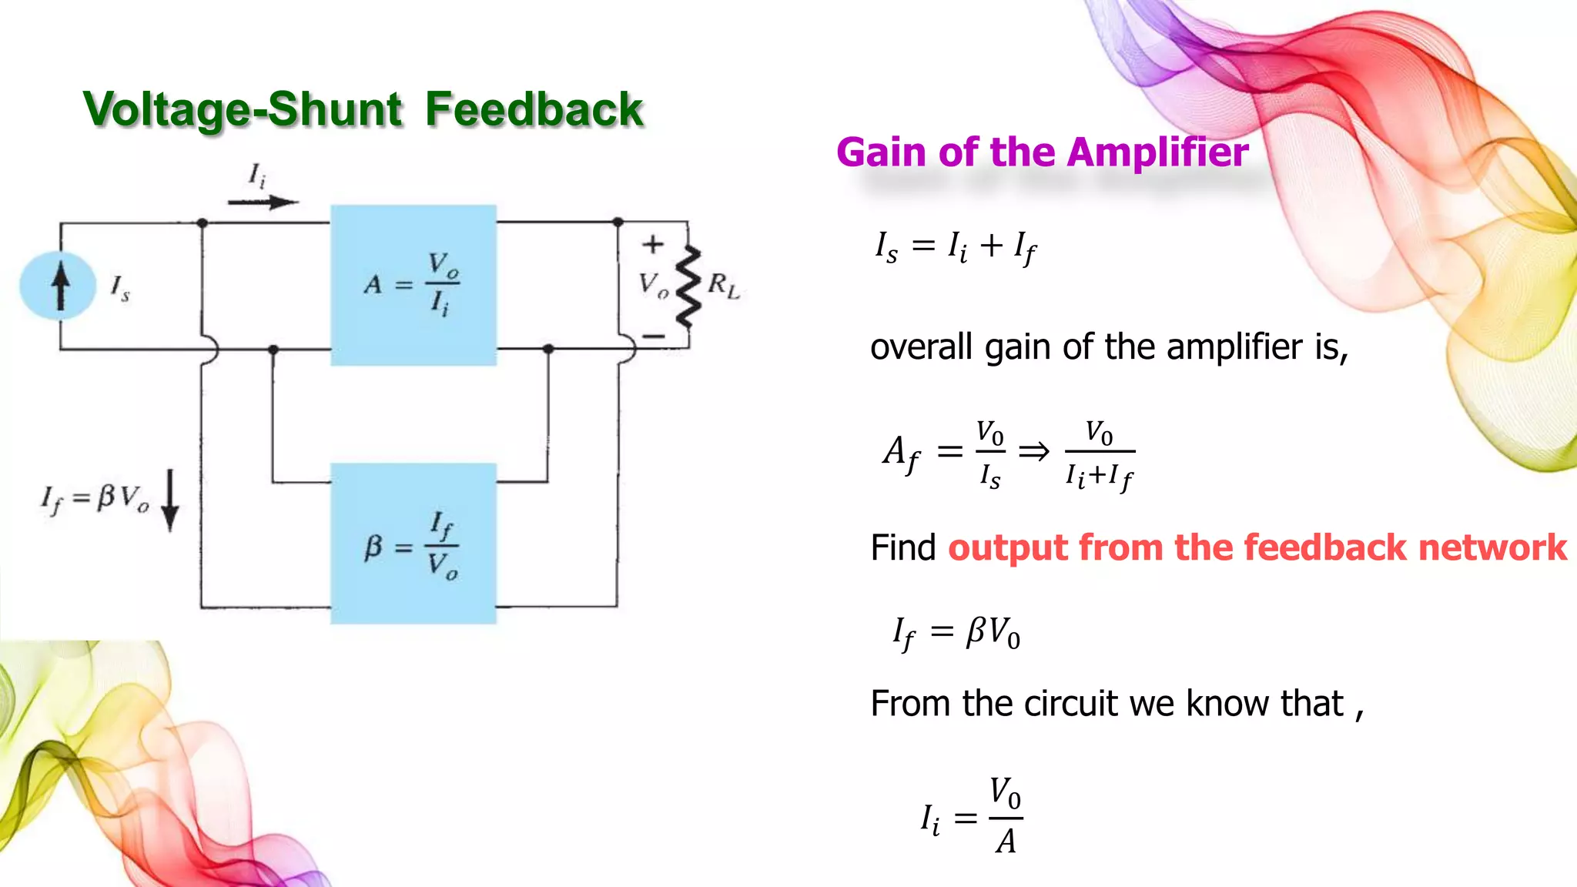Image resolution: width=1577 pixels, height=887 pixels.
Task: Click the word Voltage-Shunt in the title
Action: tap(242, 109)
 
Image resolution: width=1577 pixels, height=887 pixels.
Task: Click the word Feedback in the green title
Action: tap(533, 109)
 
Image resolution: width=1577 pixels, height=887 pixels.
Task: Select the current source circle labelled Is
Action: tap(59, 286)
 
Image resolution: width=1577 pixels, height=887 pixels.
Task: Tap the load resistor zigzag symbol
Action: tap(688, 286)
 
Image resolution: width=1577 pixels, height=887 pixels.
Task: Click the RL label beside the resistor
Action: tap(723, 286)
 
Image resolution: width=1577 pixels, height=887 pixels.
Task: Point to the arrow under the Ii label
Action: tap(263, 203)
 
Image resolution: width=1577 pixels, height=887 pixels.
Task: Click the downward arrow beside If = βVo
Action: tap(170, 500)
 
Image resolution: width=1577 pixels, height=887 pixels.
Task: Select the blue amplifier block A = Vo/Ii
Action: tap(414, 285)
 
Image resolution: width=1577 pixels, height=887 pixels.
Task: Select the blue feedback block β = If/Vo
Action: tap(414, 543)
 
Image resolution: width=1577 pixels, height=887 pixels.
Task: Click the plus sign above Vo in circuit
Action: tap(653, 245)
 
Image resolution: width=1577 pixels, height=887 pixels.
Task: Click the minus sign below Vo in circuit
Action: tap(653, 336)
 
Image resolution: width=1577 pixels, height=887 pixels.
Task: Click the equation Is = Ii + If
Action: tap(956, 247)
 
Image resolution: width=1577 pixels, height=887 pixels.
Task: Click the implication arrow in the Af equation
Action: tap(1033, 451)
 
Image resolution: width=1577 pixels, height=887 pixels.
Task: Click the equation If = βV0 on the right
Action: tap(956, 633)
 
